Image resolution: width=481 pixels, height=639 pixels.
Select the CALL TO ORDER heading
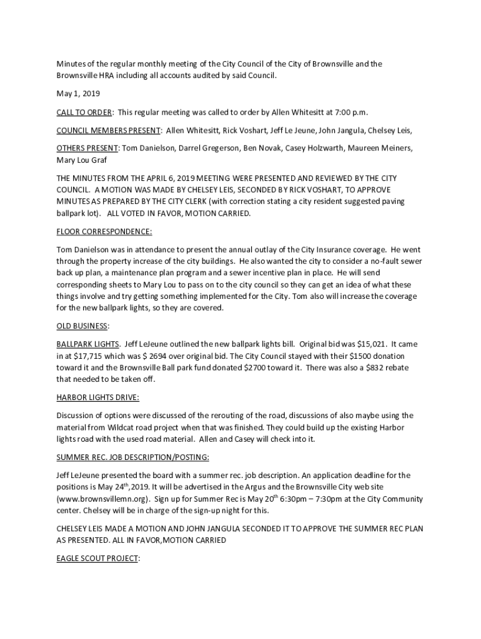(x=84, y=112)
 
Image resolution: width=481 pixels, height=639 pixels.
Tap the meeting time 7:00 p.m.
(x=351, y=112)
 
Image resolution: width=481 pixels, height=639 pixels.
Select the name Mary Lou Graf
(x=81, y=160)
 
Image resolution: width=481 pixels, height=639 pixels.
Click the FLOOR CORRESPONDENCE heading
(x=104, y=232)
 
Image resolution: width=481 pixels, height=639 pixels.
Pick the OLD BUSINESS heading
(x=82, y=326)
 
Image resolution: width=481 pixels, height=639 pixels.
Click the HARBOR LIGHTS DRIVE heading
(x=97, y=398)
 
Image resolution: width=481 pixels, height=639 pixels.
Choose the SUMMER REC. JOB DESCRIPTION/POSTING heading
(x=132, y=457)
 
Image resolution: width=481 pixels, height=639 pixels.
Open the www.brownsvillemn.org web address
(x=103, y=499)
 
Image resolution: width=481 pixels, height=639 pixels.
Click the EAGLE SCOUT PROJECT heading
(x=97, y=559)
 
